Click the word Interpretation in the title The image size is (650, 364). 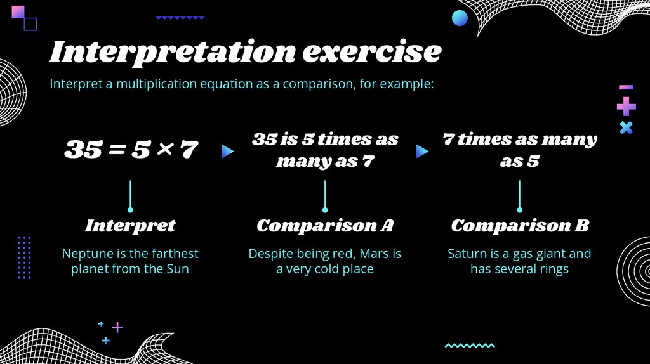coord(171,52)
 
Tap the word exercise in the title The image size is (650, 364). coord(371,52)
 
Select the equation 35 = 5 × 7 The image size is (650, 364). coord(131,150)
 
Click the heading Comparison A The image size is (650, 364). coord(325,226)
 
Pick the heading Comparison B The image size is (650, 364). coord(520,226)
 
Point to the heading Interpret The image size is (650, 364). coord(130,226)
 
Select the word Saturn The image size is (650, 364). coord(468,254)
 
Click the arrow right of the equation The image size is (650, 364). coord(227,152)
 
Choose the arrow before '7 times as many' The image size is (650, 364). coord(422,152)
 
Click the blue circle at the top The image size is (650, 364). coord(460,18)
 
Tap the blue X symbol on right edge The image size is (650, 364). coord(626,127)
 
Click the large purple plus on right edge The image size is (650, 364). coord(626,107)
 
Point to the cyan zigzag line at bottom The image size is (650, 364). coord(470,346)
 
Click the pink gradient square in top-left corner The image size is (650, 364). coord(18,12)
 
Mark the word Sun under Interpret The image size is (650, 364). coord(178,269)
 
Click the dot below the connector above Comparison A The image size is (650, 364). coord(325,210)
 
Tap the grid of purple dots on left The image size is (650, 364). coord(24,257)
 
